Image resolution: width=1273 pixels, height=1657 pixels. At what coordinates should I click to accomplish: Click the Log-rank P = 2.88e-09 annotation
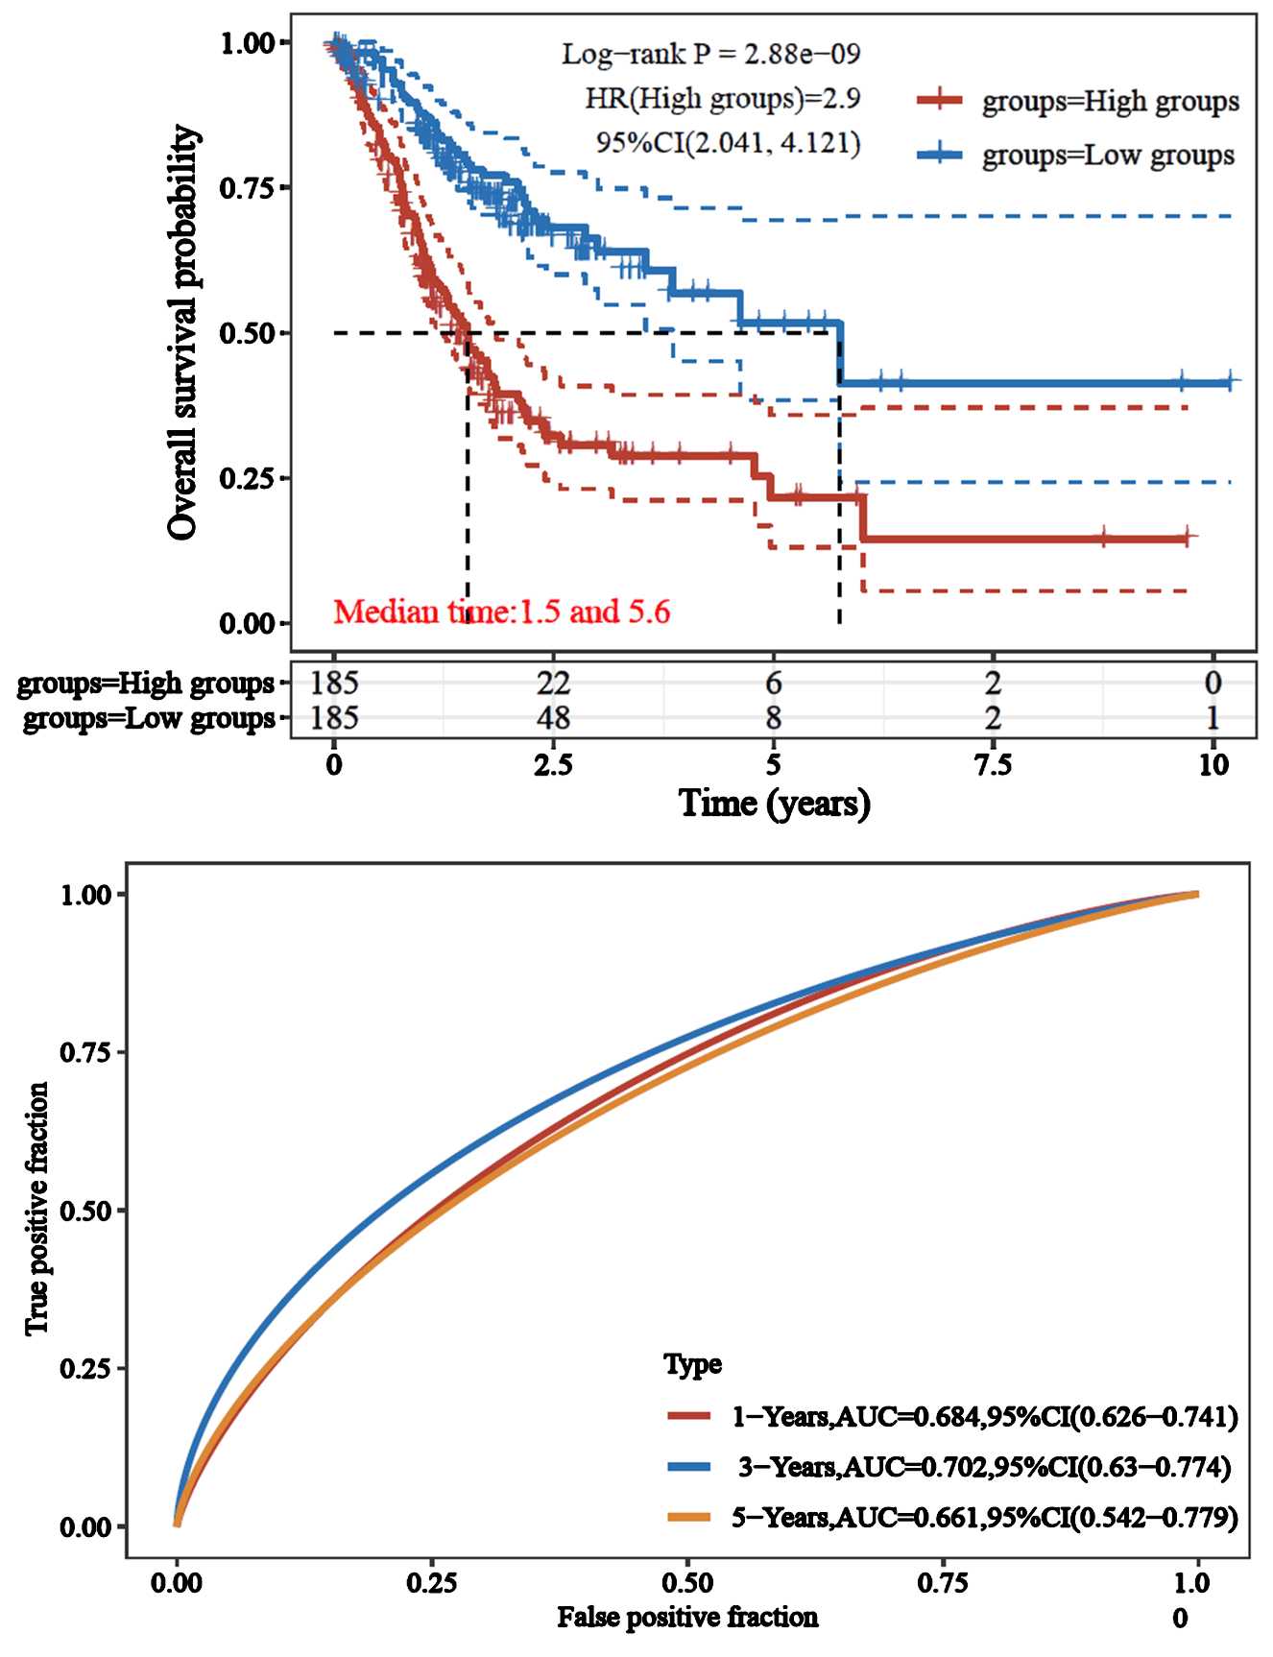point(710,53)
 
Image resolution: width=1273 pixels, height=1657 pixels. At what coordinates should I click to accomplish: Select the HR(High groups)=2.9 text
point(723,98)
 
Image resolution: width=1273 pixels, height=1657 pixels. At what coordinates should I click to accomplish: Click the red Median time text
point(501,611)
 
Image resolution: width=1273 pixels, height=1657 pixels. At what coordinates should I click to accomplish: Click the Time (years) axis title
point(774,803)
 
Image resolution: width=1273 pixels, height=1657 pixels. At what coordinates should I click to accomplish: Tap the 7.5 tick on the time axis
point(993,765)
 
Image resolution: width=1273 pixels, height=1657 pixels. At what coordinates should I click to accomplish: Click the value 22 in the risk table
point(553,683)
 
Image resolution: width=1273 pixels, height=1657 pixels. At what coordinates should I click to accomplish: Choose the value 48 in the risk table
point(553,717)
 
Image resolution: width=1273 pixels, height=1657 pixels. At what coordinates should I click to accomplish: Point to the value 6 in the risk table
point(773,683)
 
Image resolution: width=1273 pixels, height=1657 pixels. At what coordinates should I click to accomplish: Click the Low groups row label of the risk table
point(148,718)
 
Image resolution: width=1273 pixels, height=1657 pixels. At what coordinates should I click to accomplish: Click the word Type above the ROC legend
point(692,1364)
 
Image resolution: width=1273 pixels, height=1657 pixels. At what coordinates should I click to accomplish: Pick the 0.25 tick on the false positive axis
point(431,1580)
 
